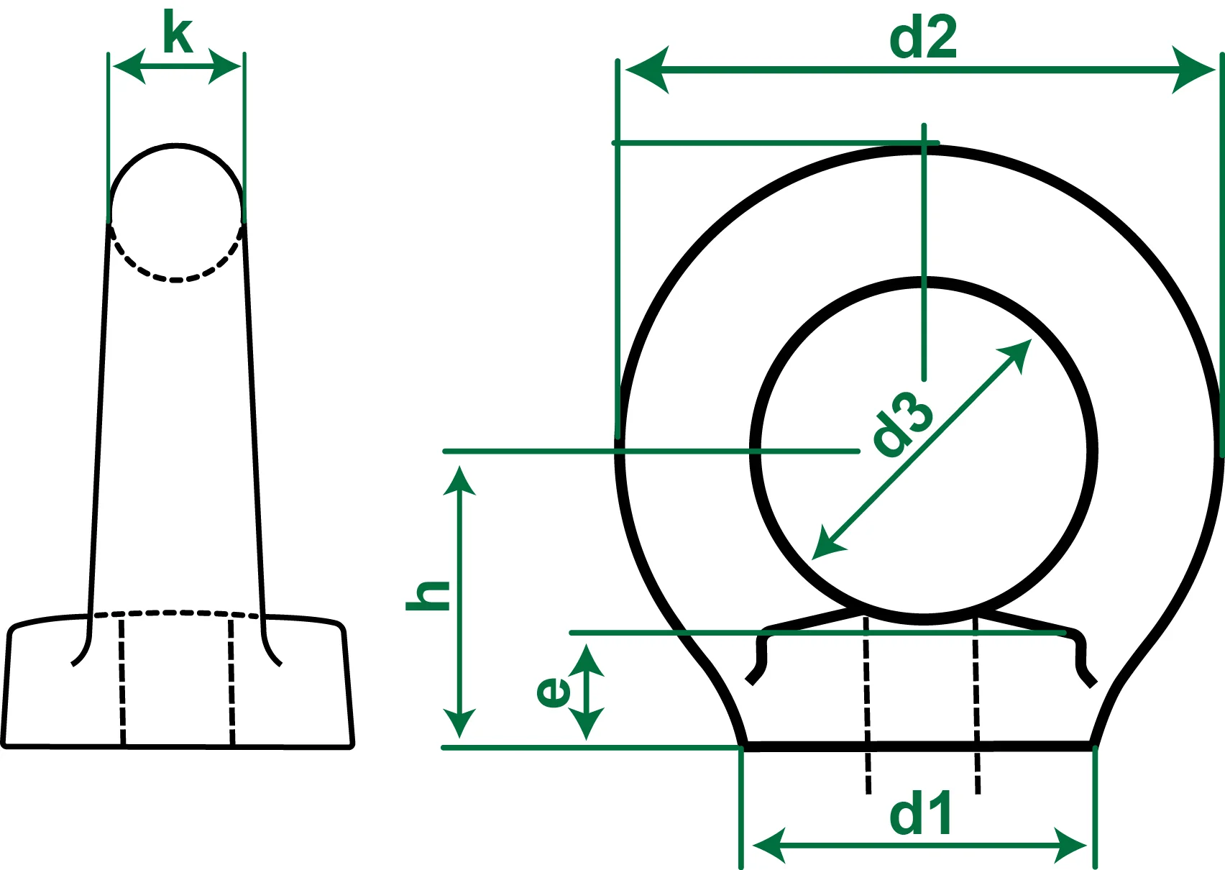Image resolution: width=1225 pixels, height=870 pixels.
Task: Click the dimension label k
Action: click(x=178, y=33)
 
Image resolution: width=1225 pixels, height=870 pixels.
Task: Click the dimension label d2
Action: click(x=923, y=39)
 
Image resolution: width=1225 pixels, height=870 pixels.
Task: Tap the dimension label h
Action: click(x=428, y=595)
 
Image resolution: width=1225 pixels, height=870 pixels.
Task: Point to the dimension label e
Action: click(x=554, y=692)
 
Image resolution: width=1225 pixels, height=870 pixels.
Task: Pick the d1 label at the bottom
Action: click(x=921, y=814)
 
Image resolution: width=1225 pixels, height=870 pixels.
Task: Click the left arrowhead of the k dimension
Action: click(x=128, y=67)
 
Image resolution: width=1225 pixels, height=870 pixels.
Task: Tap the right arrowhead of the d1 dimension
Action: click(x=1070, y=845)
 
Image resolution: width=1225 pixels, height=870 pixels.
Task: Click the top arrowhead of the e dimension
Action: click(x=587, y=660)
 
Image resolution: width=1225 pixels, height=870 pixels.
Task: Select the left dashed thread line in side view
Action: click(x=122, y=679)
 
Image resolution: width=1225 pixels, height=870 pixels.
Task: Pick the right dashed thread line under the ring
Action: click(x=976, y=705)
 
